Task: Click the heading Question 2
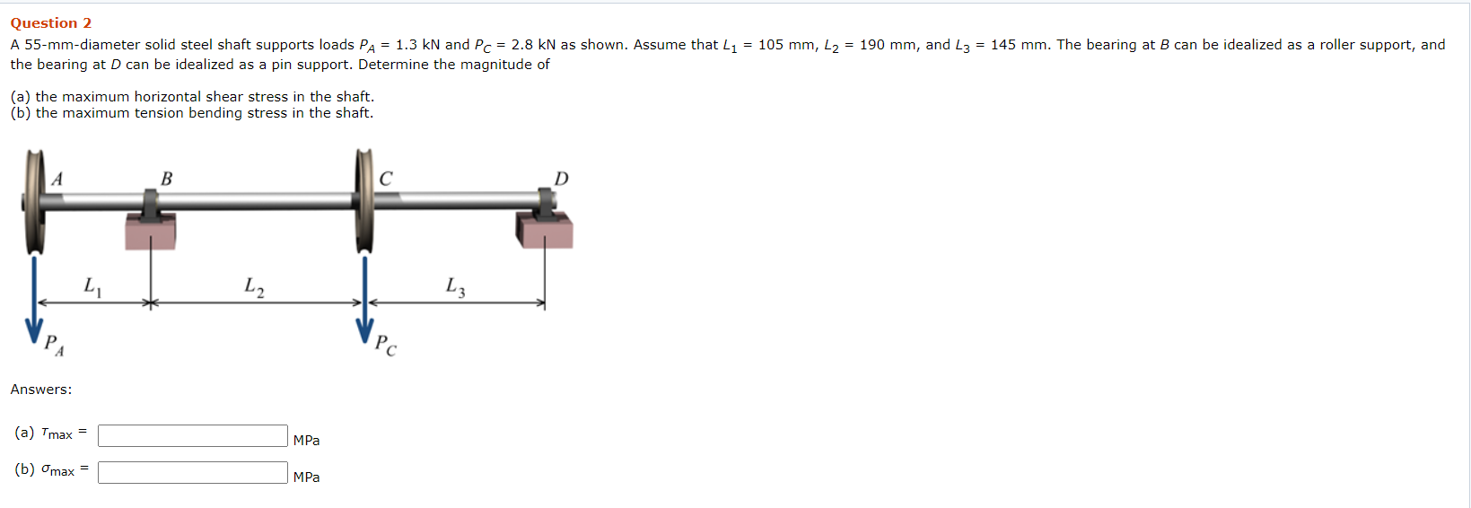[x=50, y=23]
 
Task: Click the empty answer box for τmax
[x=192, y=436]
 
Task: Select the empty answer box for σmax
[x=192, y=473]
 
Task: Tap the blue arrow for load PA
[x=34, y=299]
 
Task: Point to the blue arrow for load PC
[x=364, y=299]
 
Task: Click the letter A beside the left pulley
[x=57, y=179]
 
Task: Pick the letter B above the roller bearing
[x=167, y=179]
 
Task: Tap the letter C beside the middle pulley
[x=386, y=179]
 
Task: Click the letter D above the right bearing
[x=562, y=179]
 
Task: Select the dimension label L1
[x=92, y=287]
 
